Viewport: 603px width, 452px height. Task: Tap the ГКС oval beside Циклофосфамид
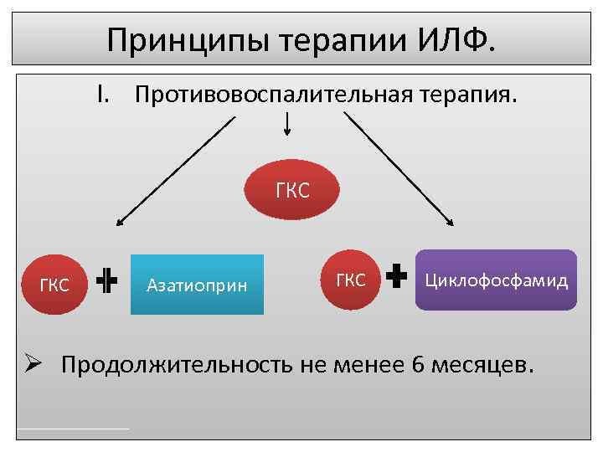point(350,280)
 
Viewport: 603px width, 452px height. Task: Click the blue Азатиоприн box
point(197,285)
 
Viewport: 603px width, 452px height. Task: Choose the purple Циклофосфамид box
point(496,280)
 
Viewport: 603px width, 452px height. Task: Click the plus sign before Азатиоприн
point(106,283)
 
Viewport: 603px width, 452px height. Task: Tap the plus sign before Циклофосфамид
point(398,277)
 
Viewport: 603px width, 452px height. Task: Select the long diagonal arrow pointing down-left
point(176,172)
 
